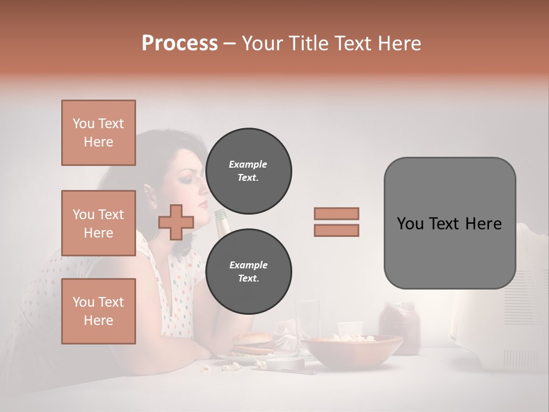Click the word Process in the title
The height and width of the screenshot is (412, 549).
click(180, 43)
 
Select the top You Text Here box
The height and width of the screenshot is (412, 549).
click(98, 133)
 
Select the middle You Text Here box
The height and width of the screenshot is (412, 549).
click(98, 223)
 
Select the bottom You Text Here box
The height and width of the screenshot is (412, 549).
click(98, 311)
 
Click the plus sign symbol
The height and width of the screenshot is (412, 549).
click(176, 222)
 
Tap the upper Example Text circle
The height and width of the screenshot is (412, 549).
click(248, 171)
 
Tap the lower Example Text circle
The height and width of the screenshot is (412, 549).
click(248, 272)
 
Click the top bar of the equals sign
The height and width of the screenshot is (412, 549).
click(336, 213)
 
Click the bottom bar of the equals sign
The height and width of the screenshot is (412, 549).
click(336, 231)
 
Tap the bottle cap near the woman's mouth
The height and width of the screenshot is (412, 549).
click(219, 214)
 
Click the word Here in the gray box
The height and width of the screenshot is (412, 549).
click(484, 224)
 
